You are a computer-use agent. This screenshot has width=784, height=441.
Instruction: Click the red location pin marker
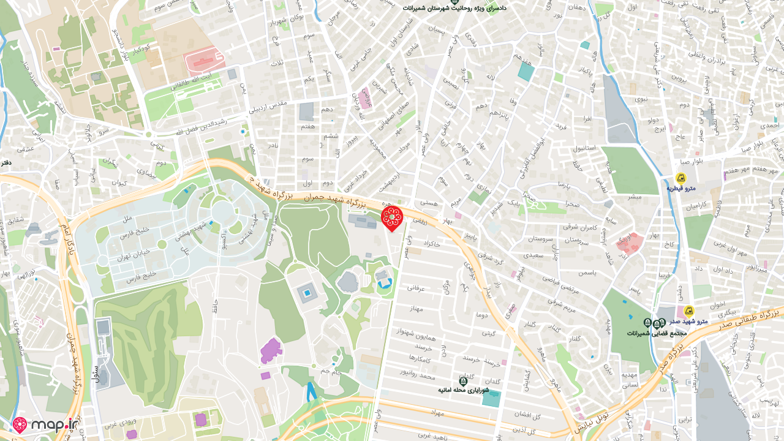point(392,217)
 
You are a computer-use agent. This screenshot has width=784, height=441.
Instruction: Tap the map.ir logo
point(47,424)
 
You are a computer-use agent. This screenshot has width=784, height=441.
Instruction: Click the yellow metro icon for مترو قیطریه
point(680,178)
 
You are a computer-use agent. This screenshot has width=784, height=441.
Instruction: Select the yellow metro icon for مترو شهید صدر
point(688,311)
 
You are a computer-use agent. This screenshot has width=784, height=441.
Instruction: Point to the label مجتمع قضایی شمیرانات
point(656,333)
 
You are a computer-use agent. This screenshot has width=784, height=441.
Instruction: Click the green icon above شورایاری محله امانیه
point(463,381)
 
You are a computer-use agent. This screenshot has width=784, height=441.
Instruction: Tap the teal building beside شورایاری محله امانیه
point(491,398)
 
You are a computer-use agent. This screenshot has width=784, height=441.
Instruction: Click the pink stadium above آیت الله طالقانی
point(205,60)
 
